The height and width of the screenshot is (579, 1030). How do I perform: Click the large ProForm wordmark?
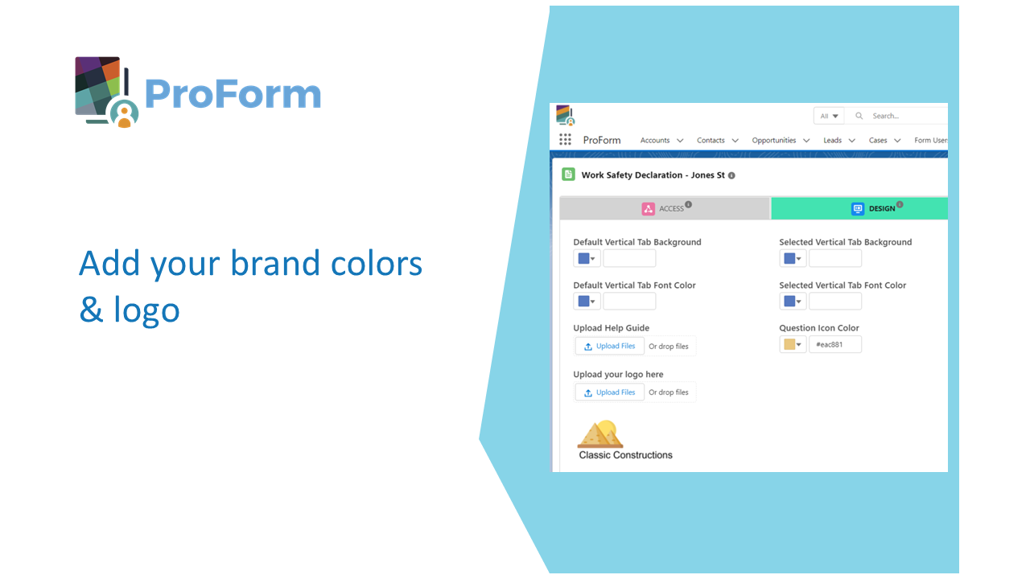(x=233, y=94)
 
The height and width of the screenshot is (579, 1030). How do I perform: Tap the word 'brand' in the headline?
(x=275, y=263)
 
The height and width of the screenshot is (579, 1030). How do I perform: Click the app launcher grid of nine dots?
(x=565, y=139)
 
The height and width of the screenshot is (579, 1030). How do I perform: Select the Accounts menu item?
(x=655, y=140)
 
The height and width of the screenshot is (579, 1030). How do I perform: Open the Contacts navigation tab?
(x=711, y=140)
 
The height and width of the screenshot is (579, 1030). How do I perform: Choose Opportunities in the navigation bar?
(x=774, y=140)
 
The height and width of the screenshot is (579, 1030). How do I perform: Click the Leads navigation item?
(x=832, y=140)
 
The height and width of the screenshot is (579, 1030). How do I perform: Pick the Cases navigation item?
(x=878, y=140)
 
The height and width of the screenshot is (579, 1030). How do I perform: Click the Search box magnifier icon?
(x=859, y=116)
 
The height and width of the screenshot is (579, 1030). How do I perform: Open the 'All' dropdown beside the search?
(x=829, y=116)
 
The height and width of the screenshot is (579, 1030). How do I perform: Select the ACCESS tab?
(x=665, y=208)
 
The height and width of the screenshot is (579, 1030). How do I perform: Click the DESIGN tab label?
(x=882, y=208)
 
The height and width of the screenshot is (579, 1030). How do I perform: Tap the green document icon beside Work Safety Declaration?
(x=568, y=175)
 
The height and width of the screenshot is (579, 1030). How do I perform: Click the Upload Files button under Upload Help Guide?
(x=610, y=346)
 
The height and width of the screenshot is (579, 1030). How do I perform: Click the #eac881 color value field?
(x=835, y=344)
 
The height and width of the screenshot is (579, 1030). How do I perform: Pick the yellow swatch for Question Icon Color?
(x=789, y=344)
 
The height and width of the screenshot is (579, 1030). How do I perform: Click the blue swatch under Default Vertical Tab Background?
(x=583, y=258)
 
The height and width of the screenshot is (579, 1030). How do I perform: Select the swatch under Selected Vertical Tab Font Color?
(x=789, y=301)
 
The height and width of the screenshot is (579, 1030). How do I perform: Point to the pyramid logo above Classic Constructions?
(x=600, y=433)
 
